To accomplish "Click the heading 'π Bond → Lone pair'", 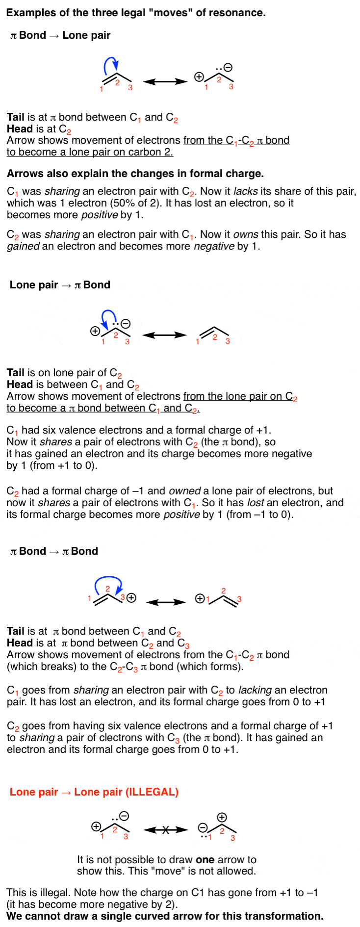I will point(60,35).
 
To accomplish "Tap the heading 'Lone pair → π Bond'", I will point(60,285).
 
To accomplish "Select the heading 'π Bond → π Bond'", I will point(54,551).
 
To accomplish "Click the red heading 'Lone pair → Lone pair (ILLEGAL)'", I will point(94,792).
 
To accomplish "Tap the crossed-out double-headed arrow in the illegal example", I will point(166,830).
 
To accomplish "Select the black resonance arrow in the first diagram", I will point(165,81).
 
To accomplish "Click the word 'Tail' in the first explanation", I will point(15,117).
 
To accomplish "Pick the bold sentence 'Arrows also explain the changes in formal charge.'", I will point(135,174).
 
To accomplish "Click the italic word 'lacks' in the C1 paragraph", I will point(245,191).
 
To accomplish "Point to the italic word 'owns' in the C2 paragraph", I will point(245,234).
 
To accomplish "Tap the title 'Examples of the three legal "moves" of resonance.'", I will point(136,13).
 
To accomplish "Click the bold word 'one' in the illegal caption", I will point(205,860).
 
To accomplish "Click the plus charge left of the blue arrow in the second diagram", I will point(95,331).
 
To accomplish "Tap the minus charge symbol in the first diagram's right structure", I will point(228,68).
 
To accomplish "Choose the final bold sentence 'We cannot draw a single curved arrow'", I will point(165,916).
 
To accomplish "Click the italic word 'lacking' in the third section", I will point(255,690).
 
